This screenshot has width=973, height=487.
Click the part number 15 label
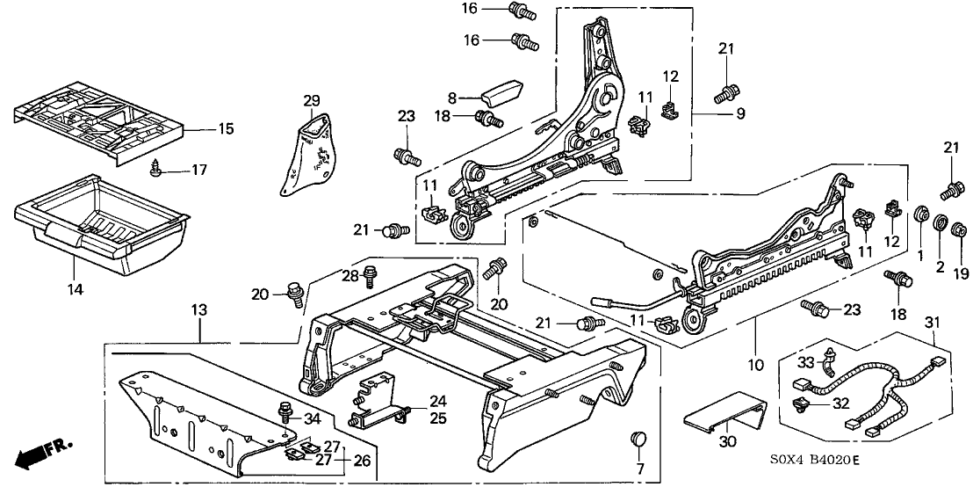click(226, 129)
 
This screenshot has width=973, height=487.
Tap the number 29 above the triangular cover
click(312, 99)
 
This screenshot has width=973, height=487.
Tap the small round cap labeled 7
click(639, 439)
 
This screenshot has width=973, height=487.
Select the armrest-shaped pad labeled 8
click(497, 91)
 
